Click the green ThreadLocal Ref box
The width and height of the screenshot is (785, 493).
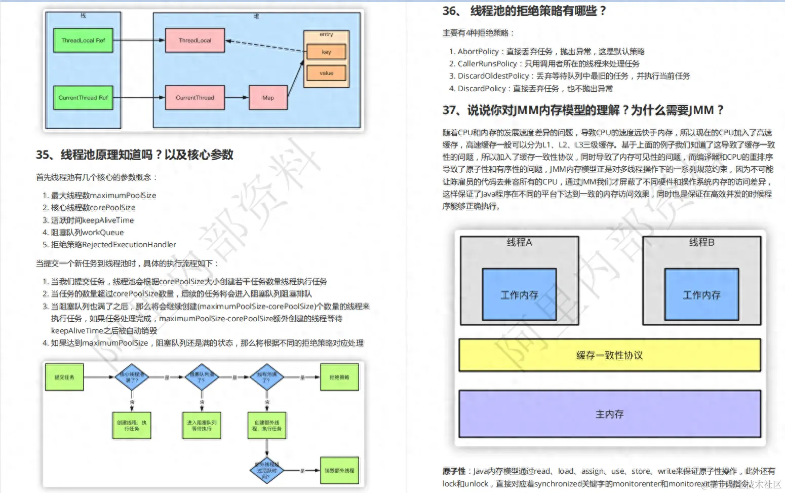pyautogui.click(x=83, y=41)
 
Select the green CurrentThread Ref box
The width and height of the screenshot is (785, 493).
pyautogui.click(x=83, y=98)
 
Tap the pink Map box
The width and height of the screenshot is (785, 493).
pyautogui.click(x=268, y=98)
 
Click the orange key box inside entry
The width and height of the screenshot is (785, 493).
pyautogui.click(x=326, y=52)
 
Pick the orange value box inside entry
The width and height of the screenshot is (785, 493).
pyautogui.click(x=326, y=73)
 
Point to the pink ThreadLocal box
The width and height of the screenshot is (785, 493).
pyautogui.click(x=195, y=41)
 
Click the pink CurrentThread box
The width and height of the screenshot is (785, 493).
pyautogui.click(x=195, y=98)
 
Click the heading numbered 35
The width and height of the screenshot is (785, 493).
pyautogui.click(x=135, y=155)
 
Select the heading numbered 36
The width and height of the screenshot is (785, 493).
pyautogui.click(x=524, y=11)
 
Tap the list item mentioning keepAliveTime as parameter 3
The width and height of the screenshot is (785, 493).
pyautogui.click(x=92, y=220)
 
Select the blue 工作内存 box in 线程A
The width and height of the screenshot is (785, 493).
pyautogui.click(x=519, y=294)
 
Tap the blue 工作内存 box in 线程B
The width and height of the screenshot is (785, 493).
pyautogui.click(x=701, y=294)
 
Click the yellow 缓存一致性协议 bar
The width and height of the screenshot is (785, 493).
pyautogui.click(x=609, y=355)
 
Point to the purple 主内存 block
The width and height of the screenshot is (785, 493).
pyautogui.click(x=609, y=414)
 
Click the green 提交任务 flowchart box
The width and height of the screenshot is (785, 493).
pyautogui.click(x=64, y=377)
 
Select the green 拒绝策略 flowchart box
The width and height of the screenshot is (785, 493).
pyautogui.click(x=339, y=377)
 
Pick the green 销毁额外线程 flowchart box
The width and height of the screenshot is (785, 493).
pyautogui.click(x=339, y=470)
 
